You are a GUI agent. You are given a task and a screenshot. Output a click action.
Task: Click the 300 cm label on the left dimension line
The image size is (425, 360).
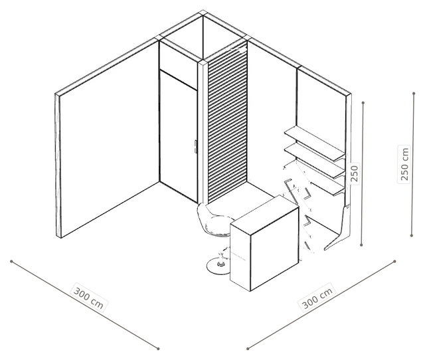click(89, 297)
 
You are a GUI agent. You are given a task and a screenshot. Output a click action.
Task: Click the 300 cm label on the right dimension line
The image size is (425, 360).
click(317, 298)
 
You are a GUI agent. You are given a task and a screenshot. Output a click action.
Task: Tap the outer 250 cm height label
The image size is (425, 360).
click(404, 164)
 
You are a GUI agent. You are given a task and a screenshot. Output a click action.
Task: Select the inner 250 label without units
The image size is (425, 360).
click(353, 173)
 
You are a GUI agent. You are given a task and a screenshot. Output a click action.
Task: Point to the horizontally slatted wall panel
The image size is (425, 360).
click(227, 122)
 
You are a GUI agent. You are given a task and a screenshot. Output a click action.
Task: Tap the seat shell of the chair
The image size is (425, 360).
click(214, 221)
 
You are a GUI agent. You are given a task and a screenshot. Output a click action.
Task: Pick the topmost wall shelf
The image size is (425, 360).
click(314, 143)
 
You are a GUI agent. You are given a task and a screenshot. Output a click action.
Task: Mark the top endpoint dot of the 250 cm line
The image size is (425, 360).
click(414, 94)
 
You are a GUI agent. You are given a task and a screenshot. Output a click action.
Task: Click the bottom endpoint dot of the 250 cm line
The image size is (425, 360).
click(412, 236)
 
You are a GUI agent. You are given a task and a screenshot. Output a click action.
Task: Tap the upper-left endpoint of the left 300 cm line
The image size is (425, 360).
click(11, 261)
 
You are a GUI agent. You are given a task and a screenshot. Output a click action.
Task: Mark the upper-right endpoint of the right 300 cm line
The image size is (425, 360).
click(394, 261)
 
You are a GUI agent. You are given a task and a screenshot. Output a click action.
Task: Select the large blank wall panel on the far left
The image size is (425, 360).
click(108, 138)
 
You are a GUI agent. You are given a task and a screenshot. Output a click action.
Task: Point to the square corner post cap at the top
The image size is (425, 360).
click(202, 13)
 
